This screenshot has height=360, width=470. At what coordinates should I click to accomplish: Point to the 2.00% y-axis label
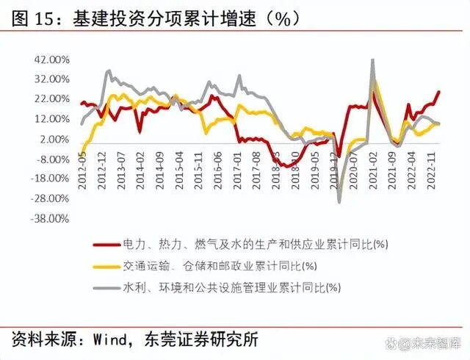pyautogui.click(x=55, y=139)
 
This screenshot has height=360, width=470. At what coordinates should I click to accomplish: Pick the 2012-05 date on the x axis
pyautogui.click(x=82, y=168)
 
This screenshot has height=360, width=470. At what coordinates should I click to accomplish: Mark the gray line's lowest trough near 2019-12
pyautogui.click(x=339, y=201)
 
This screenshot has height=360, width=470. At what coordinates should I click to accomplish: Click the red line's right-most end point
pyautogui.click(x=439, y=92)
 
